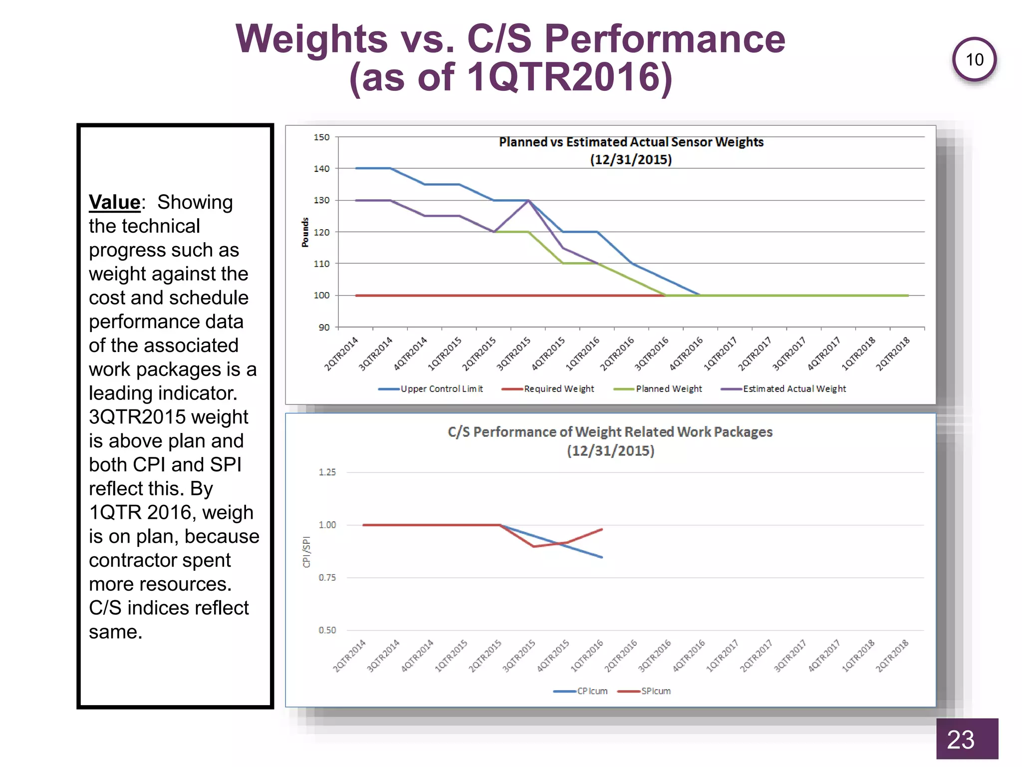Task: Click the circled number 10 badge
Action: pyautogui.click(x=974, y=60)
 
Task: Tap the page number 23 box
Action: pyautogui.click(x=967, y=739)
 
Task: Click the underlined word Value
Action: pyautogui.click(x=114, y=202)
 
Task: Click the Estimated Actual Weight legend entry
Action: pyautogui.click(x=783, y=388)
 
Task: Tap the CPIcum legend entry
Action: pyautogui.click(x=581, y=691)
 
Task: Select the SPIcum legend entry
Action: pyautogui.click(x=644, y=691)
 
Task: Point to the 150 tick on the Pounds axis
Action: pyautogui.click(x=321, y=137)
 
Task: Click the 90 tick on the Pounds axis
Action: pyautogui.click(x=324, y=328)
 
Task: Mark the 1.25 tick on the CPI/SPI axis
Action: pyautogui.click(x=327, y=472)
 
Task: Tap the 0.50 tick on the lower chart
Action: pyautogui.click(x=327, y=630)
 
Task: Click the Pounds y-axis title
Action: pyautogui.click(x=305, y=232)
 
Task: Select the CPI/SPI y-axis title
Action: pyautogui.click(x=306, y=552)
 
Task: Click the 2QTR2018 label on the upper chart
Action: pyautogui.click(x=893, y=354)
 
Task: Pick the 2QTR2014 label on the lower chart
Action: pyautogui.click(x=349, y=656)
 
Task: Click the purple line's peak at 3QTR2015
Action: pyautogui.click(x=528, y=200)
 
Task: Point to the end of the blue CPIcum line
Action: pyautogui.click(x=602, y=557)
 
